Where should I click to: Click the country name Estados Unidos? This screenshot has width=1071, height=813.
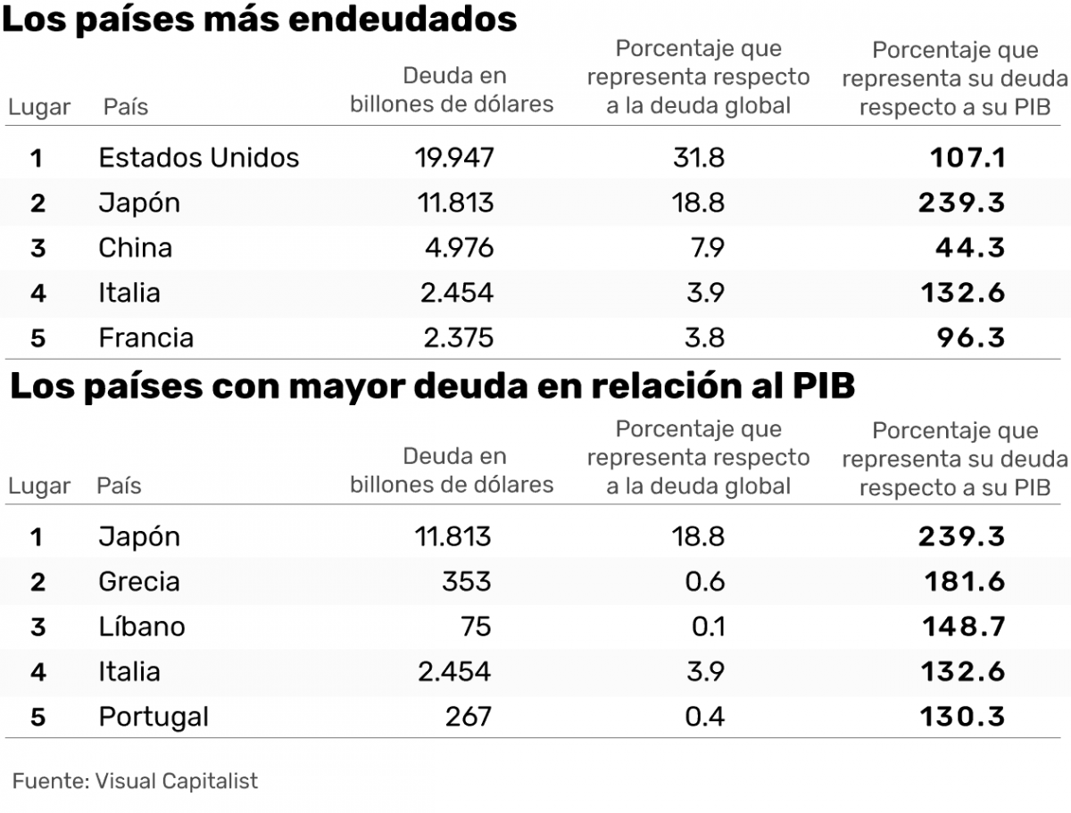[x=198, y=158]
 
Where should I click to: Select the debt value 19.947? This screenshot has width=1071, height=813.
[x=453, y=158]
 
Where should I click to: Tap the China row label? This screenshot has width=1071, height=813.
[x=135, y=247]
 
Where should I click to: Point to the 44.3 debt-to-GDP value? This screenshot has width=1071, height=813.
[x=970, y=247]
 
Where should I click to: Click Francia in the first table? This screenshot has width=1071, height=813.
[x=145, y=338]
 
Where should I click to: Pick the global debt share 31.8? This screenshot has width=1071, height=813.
[x=699, y=158]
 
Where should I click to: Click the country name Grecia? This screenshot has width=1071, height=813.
[x=139, y=582]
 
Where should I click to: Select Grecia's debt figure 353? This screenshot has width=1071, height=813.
[x=466, y=582]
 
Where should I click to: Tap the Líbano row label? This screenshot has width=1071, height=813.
[x=142, y=626]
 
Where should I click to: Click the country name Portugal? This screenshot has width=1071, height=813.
[x=154, y=717]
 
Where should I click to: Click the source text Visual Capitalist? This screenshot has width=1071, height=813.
[x=176, y=781]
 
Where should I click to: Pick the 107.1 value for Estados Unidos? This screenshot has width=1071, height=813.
[x=967, y=158]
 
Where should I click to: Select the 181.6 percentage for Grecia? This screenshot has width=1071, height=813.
[x=966, y=582]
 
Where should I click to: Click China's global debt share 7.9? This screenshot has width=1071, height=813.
[x=708, y=247]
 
